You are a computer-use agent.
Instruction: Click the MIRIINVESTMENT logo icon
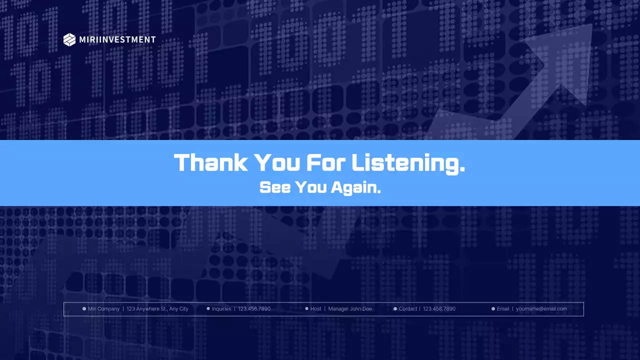69,39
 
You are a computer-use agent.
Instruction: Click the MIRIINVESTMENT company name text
117,39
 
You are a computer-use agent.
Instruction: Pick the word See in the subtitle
274,187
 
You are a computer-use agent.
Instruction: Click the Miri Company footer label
103,309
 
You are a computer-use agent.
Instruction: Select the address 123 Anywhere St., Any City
157,309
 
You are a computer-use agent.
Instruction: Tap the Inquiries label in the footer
221,309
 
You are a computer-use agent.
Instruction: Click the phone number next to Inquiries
254,309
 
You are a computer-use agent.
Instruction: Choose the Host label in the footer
316,309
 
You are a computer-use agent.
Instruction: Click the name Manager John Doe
350,309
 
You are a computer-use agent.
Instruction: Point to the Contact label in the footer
408,309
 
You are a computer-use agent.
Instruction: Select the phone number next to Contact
439,309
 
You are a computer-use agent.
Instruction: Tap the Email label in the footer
503,309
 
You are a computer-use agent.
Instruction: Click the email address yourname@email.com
541,309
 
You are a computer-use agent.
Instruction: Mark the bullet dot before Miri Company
84,309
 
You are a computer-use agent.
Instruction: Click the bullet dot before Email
493,309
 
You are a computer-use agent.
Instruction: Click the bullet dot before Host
306,309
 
